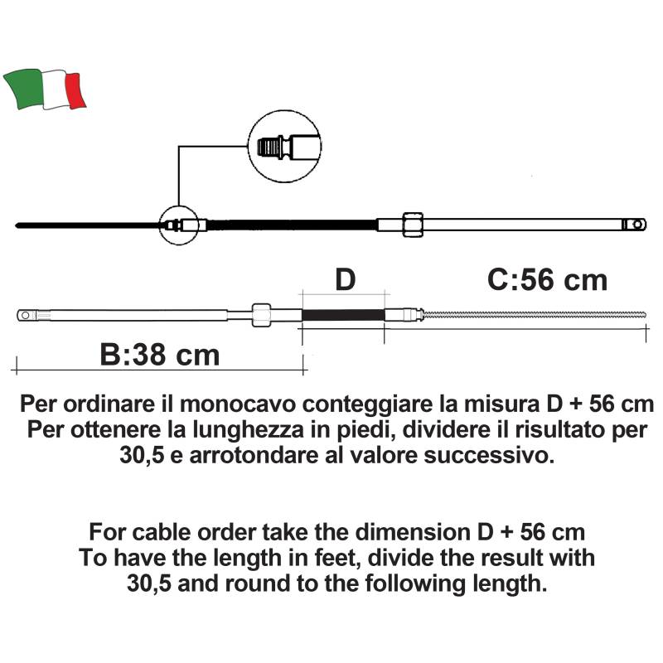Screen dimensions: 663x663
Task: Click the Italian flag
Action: (45, 90)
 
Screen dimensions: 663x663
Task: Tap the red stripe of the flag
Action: (75, 90)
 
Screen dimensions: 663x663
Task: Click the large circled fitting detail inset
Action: (284, 147)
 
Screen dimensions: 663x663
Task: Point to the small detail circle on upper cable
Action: (178, 225)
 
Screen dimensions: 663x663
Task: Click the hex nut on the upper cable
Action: (412, 225)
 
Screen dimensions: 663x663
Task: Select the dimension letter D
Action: (345, 280)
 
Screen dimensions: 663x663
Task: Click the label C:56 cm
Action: (547, 280)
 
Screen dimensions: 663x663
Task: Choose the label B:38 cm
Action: (160, 355)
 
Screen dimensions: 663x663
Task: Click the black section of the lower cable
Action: (343, 315)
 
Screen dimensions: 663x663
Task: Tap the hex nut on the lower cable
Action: (261, 315)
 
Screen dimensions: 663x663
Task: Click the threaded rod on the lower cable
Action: (534, 315)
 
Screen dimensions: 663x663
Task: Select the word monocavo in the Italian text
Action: (238, 404)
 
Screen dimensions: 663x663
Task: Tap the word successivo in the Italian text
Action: (488, 456)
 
